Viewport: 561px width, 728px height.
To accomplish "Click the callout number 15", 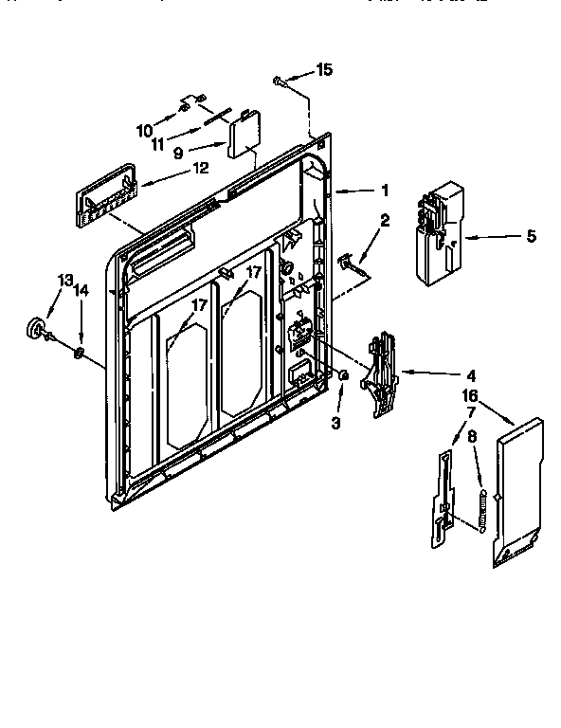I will (x=324, y=69).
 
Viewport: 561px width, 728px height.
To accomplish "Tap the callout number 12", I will (x=200, y=169).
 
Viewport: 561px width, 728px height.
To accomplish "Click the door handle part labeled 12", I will (x=103, y=193).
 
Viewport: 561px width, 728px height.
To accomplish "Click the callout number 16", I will (x=469, y=395).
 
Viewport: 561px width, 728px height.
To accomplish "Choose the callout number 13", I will (x=64, y=281).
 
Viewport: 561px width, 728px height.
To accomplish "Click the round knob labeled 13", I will (x=38, y=327).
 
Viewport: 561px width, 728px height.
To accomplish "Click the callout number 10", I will (x=144, y=130).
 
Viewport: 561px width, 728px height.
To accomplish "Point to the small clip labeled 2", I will (x=347, y=259).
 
